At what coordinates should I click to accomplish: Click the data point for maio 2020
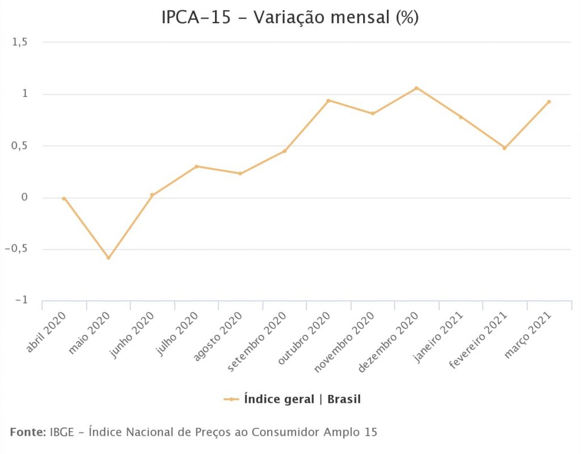click(108, 258)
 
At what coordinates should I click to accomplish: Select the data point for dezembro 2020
click(416, 88)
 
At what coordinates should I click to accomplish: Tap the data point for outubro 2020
click(329, 100)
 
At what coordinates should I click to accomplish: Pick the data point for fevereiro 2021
click(504, 148)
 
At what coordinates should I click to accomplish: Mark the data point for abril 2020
click(64, 199)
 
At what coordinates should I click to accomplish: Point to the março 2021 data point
click(549, 102)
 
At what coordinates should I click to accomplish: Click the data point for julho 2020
click(196, 166)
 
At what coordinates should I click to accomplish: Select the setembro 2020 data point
click(284, 151)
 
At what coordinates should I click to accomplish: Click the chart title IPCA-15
click(290, 18)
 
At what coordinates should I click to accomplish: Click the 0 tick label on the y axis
click(24, 197)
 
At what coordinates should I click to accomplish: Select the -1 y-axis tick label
click(20, 300)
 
